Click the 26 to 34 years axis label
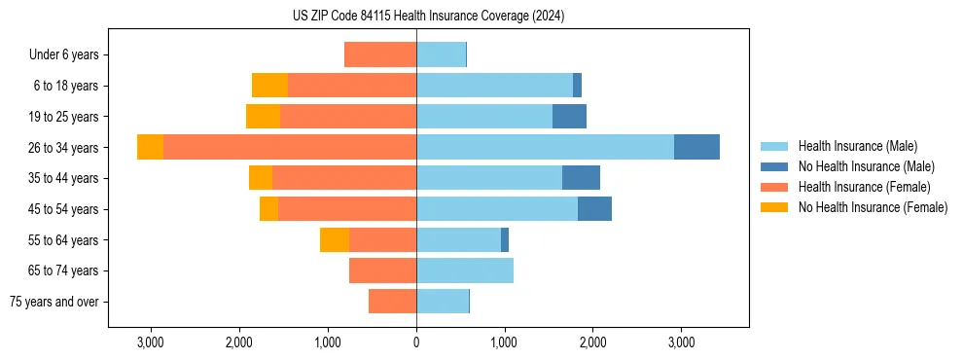point(63,148)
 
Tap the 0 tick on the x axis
point(416,342)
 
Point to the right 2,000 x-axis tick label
point(592,342)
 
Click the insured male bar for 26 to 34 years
point(545,147)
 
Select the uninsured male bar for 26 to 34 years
point(696,147)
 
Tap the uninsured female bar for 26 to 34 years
point(150,147)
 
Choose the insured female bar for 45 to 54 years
point(347,209)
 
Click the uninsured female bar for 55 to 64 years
point(335,239)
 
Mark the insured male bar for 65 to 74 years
point(465,270)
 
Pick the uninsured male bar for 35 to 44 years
point(581,178)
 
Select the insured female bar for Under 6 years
point(380,54)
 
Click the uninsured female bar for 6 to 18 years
point(269,86)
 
